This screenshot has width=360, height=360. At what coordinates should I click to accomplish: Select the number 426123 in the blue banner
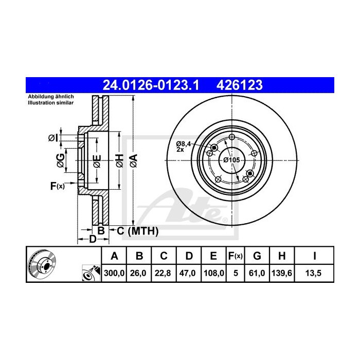(x=240, y=84)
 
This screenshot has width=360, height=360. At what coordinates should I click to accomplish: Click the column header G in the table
(x=258, y=256)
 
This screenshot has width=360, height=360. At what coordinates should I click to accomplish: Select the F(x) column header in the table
(x=235, y=256)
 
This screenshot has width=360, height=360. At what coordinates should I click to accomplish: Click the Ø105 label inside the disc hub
(x=231, y=160)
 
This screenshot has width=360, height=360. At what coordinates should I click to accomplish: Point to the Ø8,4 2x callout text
(x=184, y=146)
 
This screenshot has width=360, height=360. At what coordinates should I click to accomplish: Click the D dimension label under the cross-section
(x=93, y=239)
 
